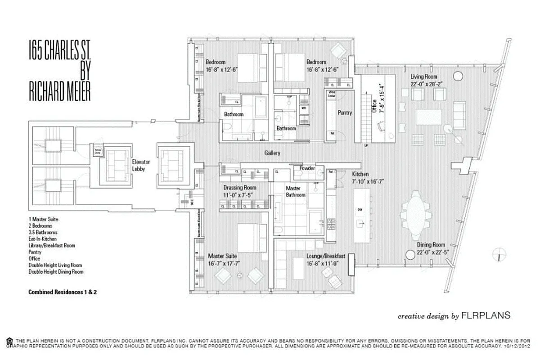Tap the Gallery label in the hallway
tap(272, 153)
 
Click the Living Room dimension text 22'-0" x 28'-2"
tap(429, 84)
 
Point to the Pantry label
tap(345, 112)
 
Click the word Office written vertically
tap(374, 107)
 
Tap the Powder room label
tap(308, 168)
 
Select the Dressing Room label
tap(240, 188)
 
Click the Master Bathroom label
tap(296, 191)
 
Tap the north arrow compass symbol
tap(499, 254)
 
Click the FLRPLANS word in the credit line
tap(486, 315)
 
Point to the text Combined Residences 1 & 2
tap(63, 292)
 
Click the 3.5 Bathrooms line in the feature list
tap(43, 232)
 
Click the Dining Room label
tap(431, 245)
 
